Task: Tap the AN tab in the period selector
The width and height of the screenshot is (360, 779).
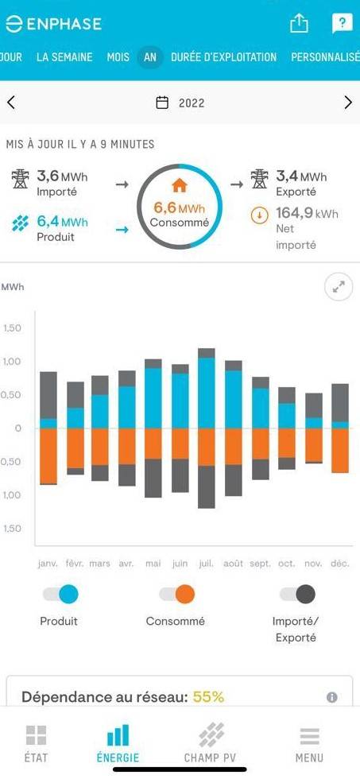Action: (x=150, y=57)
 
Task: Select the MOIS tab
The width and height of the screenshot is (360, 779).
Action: (x=118, y=57)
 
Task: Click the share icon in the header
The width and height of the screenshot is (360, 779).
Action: (x=299, y=24)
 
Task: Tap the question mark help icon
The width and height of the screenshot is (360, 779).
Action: (x=341, y=24)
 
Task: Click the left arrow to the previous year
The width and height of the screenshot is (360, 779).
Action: (x=11, y=103)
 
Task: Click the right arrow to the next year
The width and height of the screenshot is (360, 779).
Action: (x=348, y=103)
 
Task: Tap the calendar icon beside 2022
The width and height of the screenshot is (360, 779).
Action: (x=162, y=103)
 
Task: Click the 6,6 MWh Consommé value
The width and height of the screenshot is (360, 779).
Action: (x=179, y=208)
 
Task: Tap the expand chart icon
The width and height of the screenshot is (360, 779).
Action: (x=339, y=288)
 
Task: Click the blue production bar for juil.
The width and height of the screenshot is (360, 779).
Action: (x=207, y=393)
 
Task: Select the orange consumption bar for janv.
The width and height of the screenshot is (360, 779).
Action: (x=48, y=455)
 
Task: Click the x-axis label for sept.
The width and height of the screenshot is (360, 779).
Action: (x=261, y=564)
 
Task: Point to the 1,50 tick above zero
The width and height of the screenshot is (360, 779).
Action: (x=13, y=327)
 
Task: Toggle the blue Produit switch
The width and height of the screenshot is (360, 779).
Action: (x=60, y=594)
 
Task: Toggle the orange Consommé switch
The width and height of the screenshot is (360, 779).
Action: (x=176, y=594)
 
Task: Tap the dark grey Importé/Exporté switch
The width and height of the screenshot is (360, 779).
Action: (x=296, y=594)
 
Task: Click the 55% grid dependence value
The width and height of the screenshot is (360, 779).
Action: (x=208, y=697)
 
